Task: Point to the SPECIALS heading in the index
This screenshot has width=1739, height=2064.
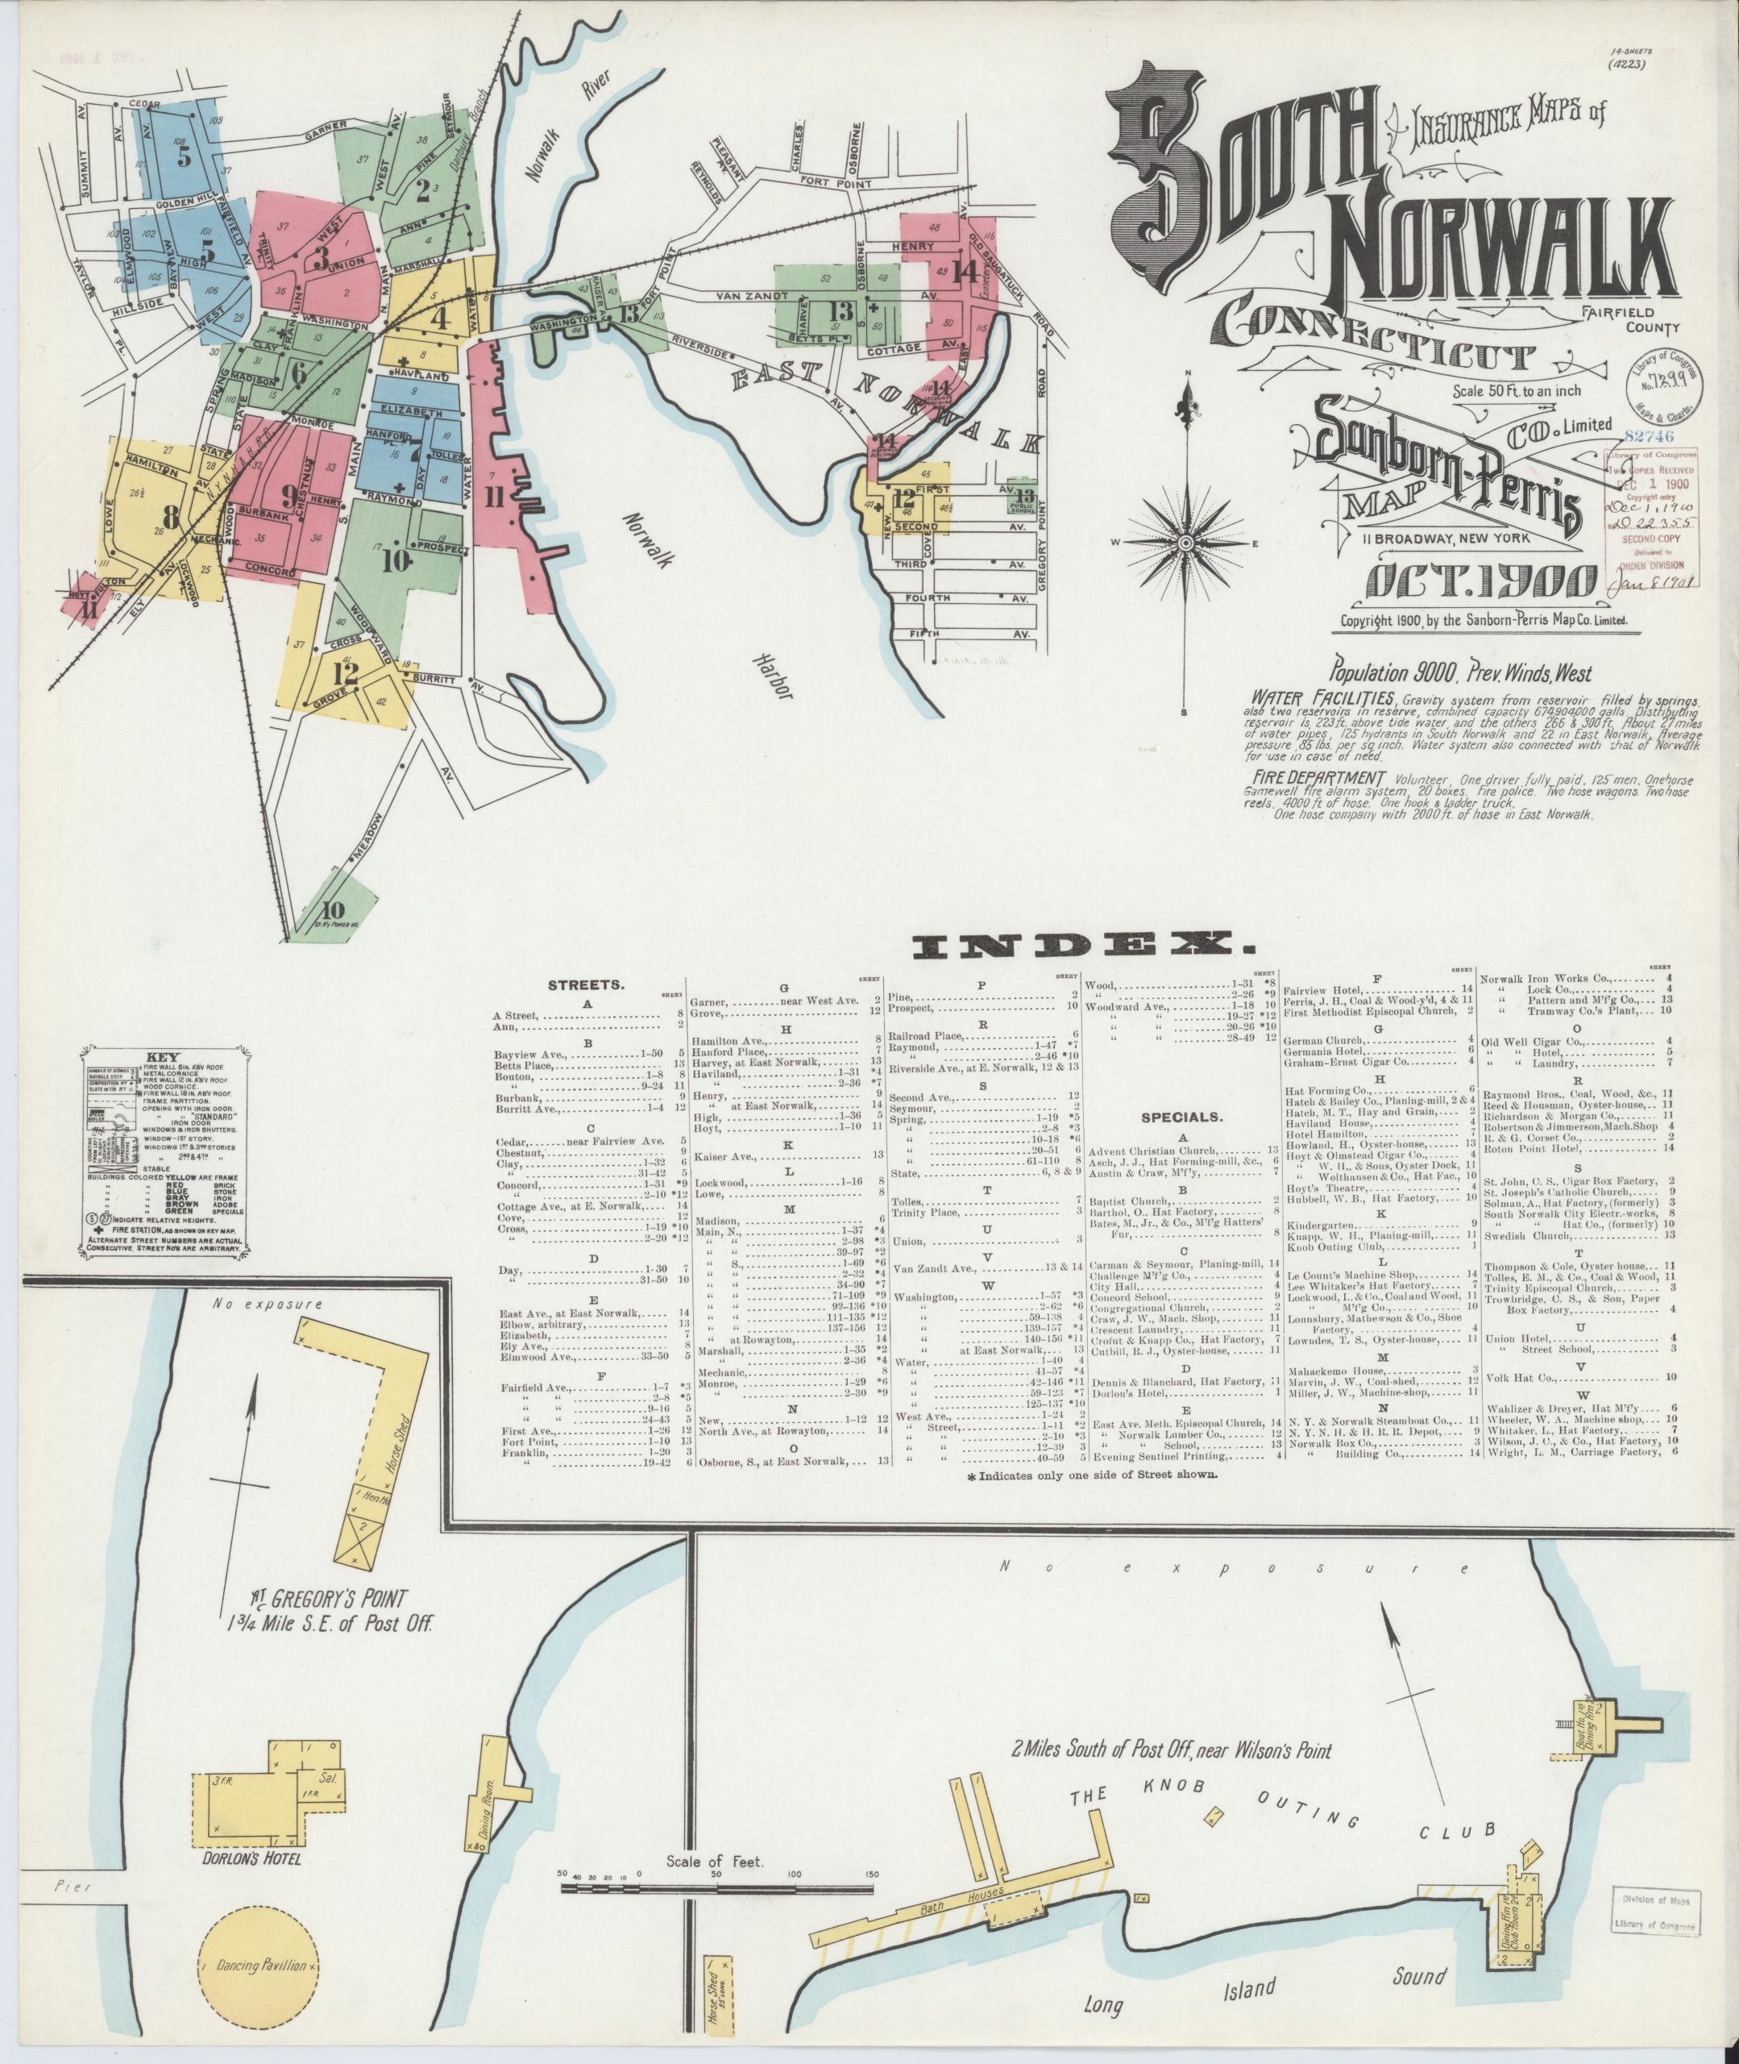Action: click(x=1181, y=1117)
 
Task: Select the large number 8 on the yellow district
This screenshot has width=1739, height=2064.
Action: click(x=171, y=517)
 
